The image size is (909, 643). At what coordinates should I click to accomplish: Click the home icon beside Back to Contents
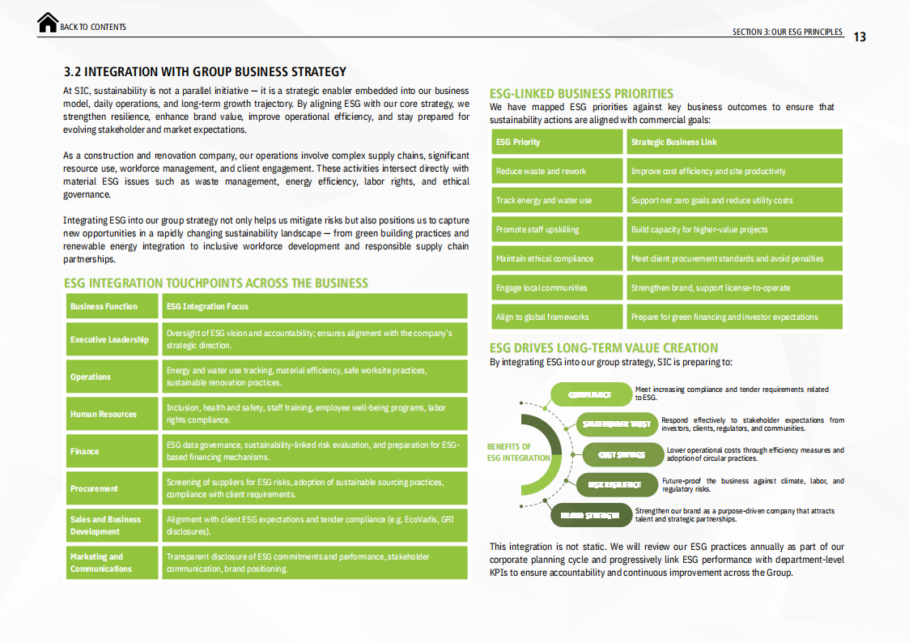(48, 23)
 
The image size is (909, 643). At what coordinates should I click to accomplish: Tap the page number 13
(860, 36)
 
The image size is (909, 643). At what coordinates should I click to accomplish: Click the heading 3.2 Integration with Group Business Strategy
(205, 71)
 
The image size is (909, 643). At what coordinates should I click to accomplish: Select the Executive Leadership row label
(110, 339)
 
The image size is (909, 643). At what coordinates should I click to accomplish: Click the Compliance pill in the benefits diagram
(591, 394)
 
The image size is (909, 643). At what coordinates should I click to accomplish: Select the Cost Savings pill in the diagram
(622, 454)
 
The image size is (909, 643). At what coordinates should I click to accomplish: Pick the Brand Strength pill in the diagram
(590, 514)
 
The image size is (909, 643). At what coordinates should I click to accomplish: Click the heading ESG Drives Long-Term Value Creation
(604, 348)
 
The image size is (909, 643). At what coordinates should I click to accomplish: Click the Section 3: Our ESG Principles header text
(787, 32)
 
